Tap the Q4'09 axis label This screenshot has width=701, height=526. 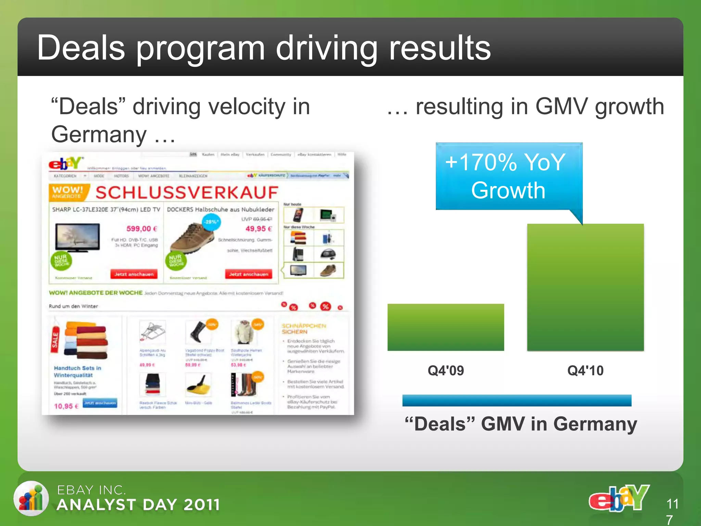coord(446,371)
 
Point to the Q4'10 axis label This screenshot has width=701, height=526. coord(585,371)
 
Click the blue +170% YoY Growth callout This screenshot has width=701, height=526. coord(509,176)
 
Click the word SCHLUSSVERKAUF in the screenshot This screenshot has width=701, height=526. coord(187,192)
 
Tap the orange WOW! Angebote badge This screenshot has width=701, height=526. coord(68,192)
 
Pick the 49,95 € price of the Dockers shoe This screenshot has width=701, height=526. coord(259,228)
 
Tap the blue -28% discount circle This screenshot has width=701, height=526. coord(211,222)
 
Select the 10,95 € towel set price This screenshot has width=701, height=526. coord(66,406)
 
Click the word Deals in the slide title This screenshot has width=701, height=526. coord(81,48)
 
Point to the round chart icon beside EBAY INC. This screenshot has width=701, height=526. coord(31,498)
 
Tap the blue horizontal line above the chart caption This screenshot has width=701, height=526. coord(517,400)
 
